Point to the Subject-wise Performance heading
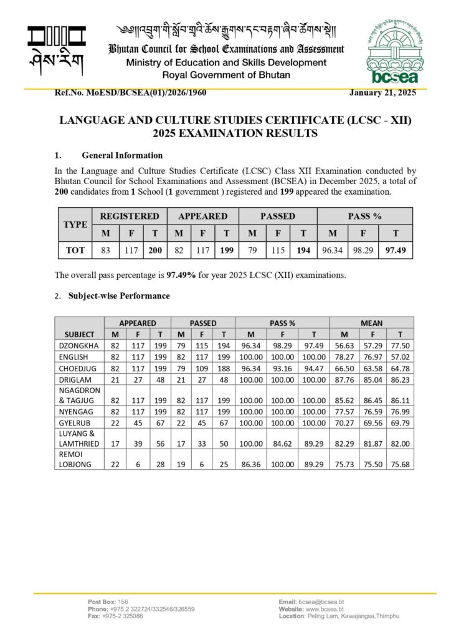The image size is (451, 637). click(119, 296)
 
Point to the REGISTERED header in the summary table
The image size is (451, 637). click(130, 216)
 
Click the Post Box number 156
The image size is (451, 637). click(123, 603)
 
